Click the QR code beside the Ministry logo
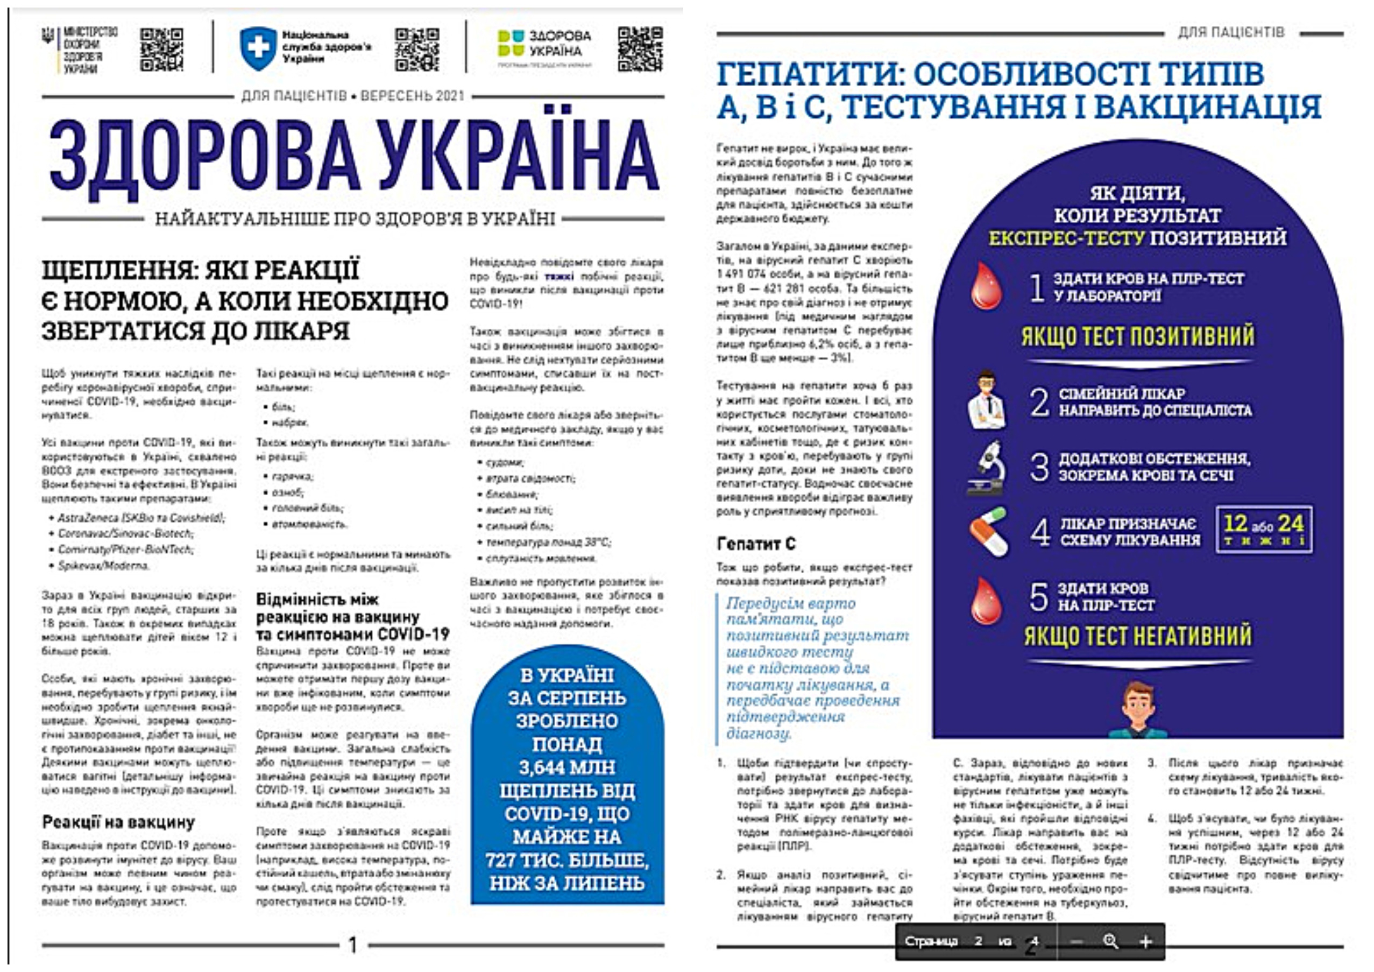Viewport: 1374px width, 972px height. (x=161, y=50)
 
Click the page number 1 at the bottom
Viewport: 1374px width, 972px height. (x=353, y=945)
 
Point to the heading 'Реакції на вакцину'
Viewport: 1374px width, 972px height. (x=118, y=823)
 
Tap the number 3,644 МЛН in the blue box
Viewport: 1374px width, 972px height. (x=566, y=767)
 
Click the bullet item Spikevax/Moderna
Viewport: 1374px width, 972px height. (x=103, y=566)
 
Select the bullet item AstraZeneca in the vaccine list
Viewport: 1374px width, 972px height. (x=140, y=518)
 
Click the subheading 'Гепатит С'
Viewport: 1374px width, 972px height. (x=756, y=544)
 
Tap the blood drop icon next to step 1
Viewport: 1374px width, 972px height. (x=986, y=286)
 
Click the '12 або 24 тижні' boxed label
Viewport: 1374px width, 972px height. (x=1263, y=529)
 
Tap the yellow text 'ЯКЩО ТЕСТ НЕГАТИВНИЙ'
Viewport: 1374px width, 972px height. (x=1137, y=636)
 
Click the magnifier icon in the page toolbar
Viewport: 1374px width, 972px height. (x=1110, y=941)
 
